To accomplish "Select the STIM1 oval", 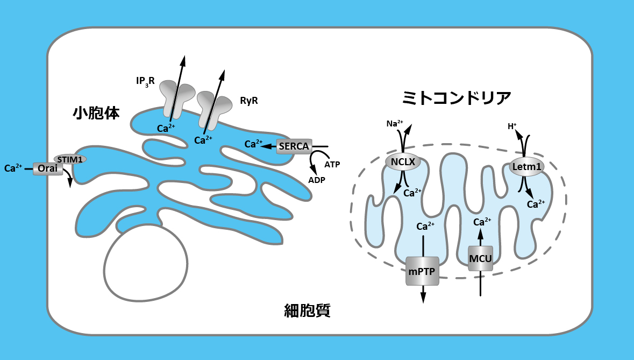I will pos(70,159).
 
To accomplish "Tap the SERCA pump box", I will pos(294,146).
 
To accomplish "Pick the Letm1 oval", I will pos(526,167).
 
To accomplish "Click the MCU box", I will pos(480,258).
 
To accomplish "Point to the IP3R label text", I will pos(145,82).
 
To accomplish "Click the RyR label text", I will pos(248,100).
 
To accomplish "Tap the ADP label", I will pos(317,180).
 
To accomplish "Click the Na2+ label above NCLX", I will pos(395,124).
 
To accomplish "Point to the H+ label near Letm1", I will pos(512,127).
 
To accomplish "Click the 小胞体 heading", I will pos(96,113).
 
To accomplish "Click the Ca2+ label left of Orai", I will pos(13,168).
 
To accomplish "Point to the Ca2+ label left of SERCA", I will pos(253,144).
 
